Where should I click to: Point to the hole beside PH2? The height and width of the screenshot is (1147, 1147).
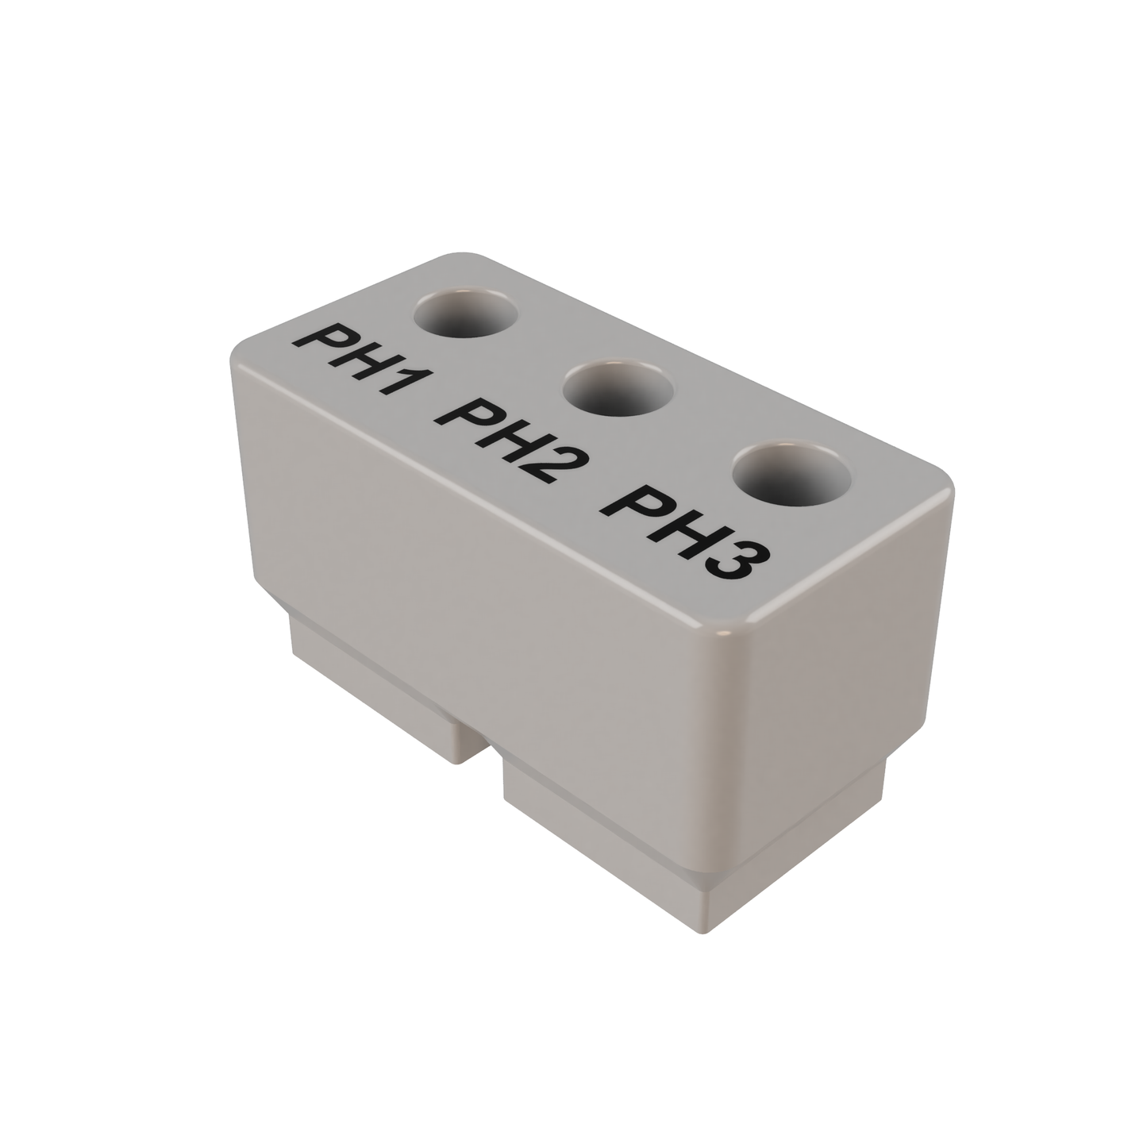click(x=618, y=389)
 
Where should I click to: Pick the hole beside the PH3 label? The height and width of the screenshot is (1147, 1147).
click(x=791, y=475)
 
